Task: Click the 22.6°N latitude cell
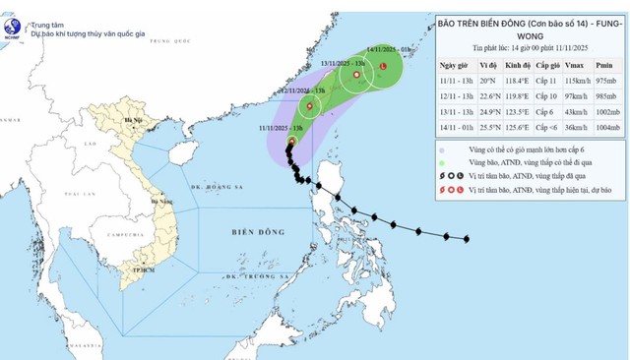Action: (460, 95)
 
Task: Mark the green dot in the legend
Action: (441, 161)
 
